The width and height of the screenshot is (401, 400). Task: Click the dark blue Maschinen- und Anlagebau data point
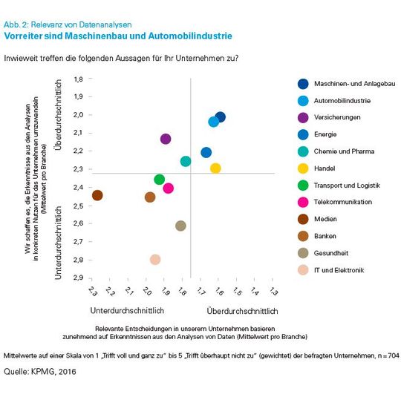pos(220,117)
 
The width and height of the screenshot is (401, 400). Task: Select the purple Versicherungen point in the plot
pos(166,139)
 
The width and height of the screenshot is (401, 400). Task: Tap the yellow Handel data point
pos(215,168)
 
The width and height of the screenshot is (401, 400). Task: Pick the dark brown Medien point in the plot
pos(97,195)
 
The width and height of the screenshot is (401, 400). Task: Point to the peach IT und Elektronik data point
pos(155,260)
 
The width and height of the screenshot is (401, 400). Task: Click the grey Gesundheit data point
pos(180,226)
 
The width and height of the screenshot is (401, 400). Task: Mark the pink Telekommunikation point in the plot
pos(169,188)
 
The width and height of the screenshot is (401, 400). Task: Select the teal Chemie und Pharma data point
pos(186,161)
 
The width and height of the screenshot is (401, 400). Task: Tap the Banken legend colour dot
pos(303,236)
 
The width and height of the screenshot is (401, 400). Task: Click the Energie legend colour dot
pos(303,134)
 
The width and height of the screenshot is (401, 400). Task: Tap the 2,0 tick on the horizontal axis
pos(146,290)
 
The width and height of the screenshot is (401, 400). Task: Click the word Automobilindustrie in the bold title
pos(192,35)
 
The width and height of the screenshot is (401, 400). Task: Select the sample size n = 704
pos(385,356)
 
